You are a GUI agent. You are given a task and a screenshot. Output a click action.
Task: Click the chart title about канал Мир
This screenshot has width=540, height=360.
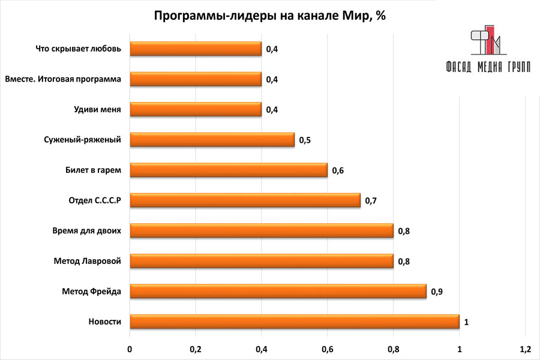(269, 16)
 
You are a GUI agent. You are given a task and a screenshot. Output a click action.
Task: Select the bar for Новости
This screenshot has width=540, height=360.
(294, 322)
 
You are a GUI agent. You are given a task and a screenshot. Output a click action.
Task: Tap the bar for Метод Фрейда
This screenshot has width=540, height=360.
(278, 292)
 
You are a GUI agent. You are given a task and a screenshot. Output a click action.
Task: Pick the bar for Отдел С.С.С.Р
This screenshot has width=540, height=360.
(245, 200)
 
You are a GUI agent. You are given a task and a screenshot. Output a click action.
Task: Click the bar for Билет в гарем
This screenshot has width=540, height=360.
(229, 170)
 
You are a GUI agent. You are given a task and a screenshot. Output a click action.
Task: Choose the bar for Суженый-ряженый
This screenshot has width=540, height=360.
(212, 140)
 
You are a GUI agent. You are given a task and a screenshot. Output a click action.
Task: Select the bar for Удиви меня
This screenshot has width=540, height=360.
(196, 109)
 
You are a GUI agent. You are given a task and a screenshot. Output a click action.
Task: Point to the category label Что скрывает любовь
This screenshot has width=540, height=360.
(79, 49)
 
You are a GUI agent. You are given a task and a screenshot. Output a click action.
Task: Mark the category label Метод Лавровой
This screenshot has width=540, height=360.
(88, 261)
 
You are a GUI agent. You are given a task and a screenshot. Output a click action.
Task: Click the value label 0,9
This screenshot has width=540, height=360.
(437, 292)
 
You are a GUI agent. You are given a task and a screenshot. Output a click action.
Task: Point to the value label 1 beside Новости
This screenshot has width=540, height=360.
(466, 322)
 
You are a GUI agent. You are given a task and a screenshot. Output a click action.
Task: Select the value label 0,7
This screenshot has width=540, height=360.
(371, 200)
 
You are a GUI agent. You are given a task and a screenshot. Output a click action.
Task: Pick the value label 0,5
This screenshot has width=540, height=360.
(305, 140)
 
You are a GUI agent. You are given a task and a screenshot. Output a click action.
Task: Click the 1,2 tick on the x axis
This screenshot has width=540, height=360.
(525, 349)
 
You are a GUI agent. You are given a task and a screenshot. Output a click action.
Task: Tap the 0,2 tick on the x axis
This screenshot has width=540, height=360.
(196, 349)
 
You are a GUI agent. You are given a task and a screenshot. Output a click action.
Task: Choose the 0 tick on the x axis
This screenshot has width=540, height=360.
(130, 349)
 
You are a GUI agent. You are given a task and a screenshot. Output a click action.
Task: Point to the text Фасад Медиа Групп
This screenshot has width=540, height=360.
(488, 67)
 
